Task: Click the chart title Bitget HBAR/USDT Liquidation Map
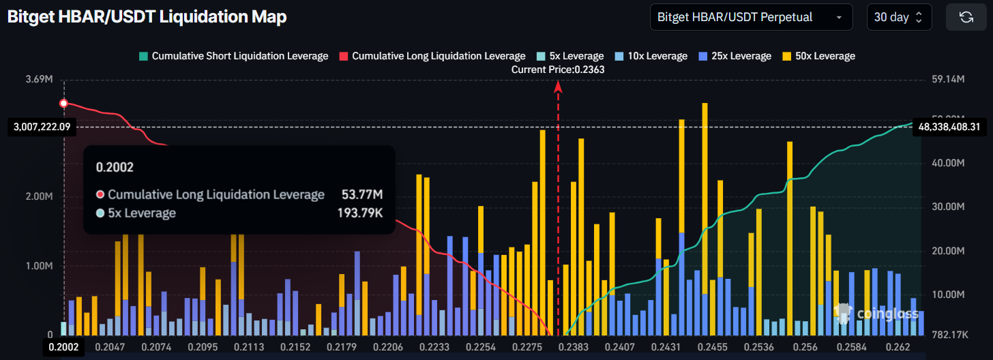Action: [147, 18]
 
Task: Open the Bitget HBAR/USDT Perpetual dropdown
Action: [751, 18]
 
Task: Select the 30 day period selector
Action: [899, 18]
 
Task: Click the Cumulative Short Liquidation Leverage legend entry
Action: [233, 56]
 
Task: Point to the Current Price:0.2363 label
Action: [558, 69]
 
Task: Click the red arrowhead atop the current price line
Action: [558, 86]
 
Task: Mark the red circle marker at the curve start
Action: [63, 104]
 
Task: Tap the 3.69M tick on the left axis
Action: [40, 80]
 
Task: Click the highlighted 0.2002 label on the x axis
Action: [63, 346]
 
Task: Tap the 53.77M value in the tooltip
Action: [362, 195]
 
